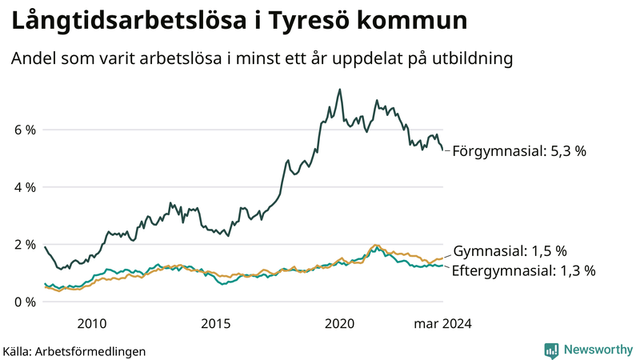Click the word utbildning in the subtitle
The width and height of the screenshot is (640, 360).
pos(469,59)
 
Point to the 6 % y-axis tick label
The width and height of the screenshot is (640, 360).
pos(25,130)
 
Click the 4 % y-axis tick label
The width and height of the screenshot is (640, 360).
pos(25,187)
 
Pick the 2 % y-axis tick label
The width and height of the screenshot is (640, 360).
pos(25,245)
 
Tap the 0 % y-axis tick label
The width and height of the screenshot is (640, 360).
pos(25,302)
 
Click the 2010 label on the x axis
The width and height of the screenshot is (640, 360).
pos(91,324)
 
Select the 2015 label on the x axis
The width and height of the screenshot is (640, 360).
pos(216,324)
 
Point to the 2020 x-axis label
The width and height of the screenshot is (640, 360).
pos(340,324)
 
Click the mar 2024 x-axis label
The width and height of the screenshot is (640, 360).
pos(442,324)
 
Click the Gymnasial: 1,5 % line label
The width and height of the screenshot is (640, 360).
pos(510,250)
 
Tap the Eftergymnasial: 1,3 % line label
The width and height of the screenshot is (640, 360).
pos(524,270)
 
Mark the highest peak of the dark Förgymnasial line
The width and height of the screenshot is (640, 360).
pos(340,90)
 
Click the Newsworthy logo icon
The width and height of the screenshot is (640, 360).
pos(551,350)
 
